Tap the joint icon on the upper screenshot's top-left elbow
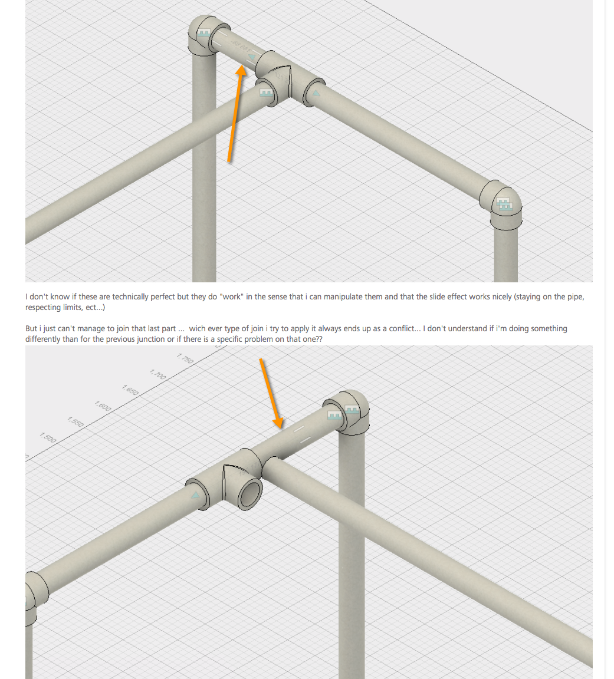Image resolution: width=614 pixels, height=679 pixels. (x=204, y=35)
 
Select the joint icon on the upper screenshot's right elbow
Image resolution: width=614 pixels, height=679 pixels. (x=504, y=205)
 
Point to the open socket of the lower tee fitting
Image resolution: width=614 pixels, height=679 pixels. (x=251, y=491)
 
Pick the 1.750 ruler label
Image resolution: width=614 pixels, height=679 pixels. (x=185, y=358)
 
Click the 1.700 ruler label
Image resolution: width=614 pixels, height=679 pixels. (x=157, y=374)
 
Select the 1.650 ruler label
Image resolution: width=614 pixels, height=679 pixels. (x=130, y=389)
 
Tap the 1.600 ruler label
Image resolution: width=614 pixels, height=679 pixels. (x=103, y=406)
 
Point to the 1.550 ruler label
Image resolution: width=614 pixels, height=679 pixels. (x=75, y=421)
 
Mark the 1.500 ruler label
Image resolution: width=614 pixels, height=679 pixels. (x=48, y=437)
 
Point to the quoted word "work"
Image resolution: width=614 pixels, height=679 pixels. (x=231, y=296)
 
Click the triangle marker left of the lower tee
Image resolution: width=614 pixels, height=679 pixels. (x=195, y=496)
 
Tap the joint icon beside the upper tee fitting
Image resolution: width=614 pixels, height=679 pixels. (x=266, y=93)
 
